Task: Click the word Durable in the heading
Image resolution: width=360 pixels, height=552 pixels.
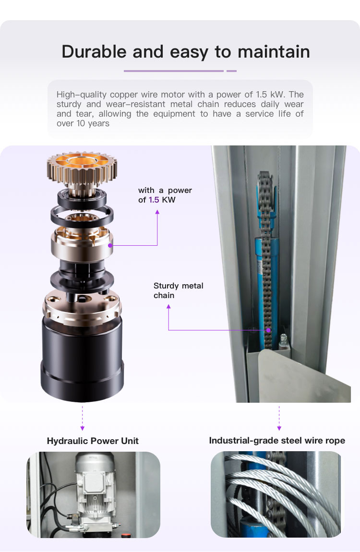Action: pos(94,51)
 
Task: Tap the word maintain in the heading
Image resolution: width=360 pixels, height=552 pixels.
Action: pos(274,51)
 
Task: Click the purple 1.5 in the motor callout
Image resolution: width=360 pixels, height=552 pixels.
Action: pos(154,200)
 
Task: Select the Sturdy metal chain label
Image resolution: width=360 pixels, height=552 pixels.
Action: pos(179,290)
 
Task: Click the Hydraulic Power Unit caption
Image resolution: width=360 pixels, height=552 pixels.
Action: pos(93,441)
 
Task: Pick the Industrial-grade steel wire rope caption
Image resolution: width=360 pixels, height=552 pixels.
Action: pos(277,441)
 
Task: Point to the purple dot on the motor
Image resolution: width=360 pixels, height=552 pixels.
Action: pos(110,245)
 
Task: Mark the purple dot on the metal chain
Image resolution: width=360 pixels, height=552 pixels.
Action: pos(268,330)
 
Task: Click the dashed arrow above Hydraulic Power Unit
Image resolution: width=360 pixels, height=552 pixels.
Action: pos(83,418)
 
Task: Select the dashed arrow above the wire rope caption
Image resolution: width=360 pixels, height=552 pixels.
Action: pos(279,418)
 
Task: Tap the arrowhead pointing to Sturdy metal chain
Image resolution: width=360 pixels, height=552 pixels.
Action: pos(168,307)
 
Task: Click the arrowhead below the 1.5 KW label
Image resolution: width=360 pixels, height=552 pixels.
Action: pos(157,212)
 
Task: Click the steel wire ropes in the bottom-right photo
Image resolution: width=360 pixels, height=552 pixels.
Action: pos(282,493)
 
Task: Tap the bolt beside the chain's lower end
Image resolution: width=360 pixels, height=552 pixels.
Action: pos(283,341)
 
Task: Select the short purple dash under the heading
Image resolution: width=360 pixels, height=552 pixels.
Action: pos(231,71)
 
